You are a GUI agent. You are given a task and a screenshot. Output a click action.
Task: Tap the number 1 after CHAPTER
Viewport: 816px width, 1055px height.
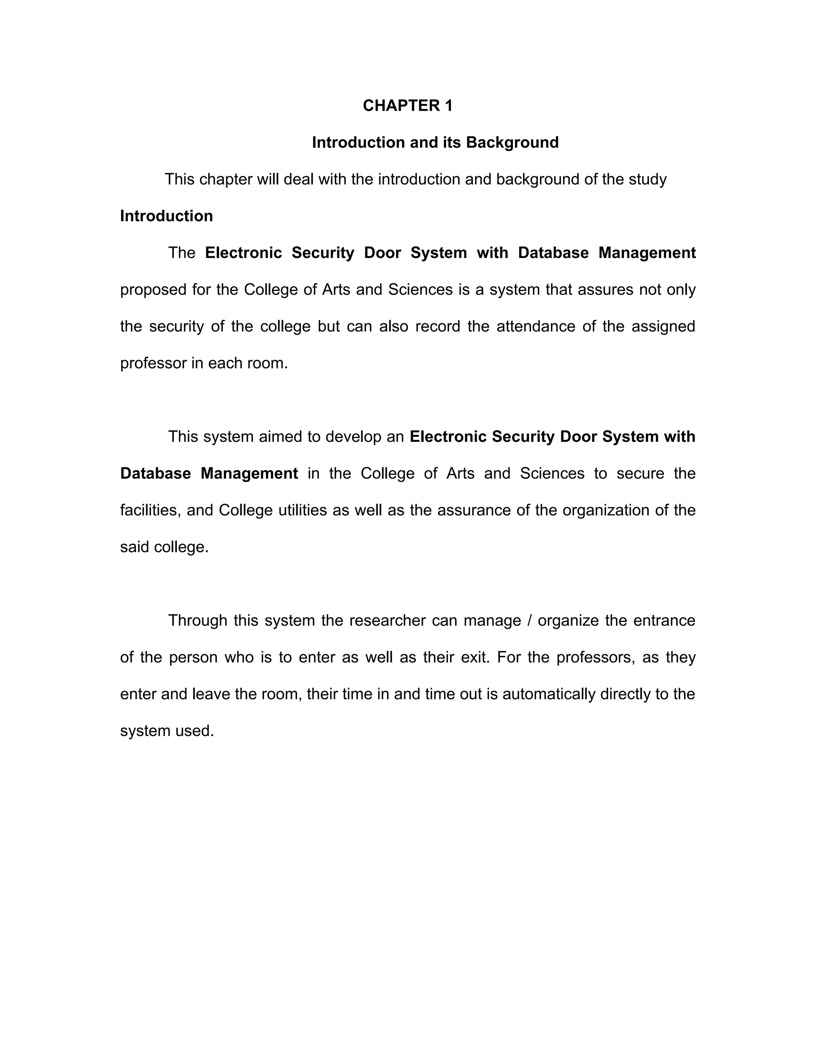point(449,106)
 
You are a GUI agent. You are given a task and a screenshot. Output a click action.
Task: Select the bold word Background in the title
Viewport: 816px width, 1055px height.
point(512,143)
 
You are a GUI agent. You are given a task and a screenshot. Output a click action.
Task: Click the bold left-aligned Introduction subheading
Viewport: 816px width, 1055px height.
point(166,216)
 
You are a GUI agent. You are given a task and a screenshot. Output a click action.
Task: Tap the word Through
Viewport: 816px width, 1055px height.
point(197,621)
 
